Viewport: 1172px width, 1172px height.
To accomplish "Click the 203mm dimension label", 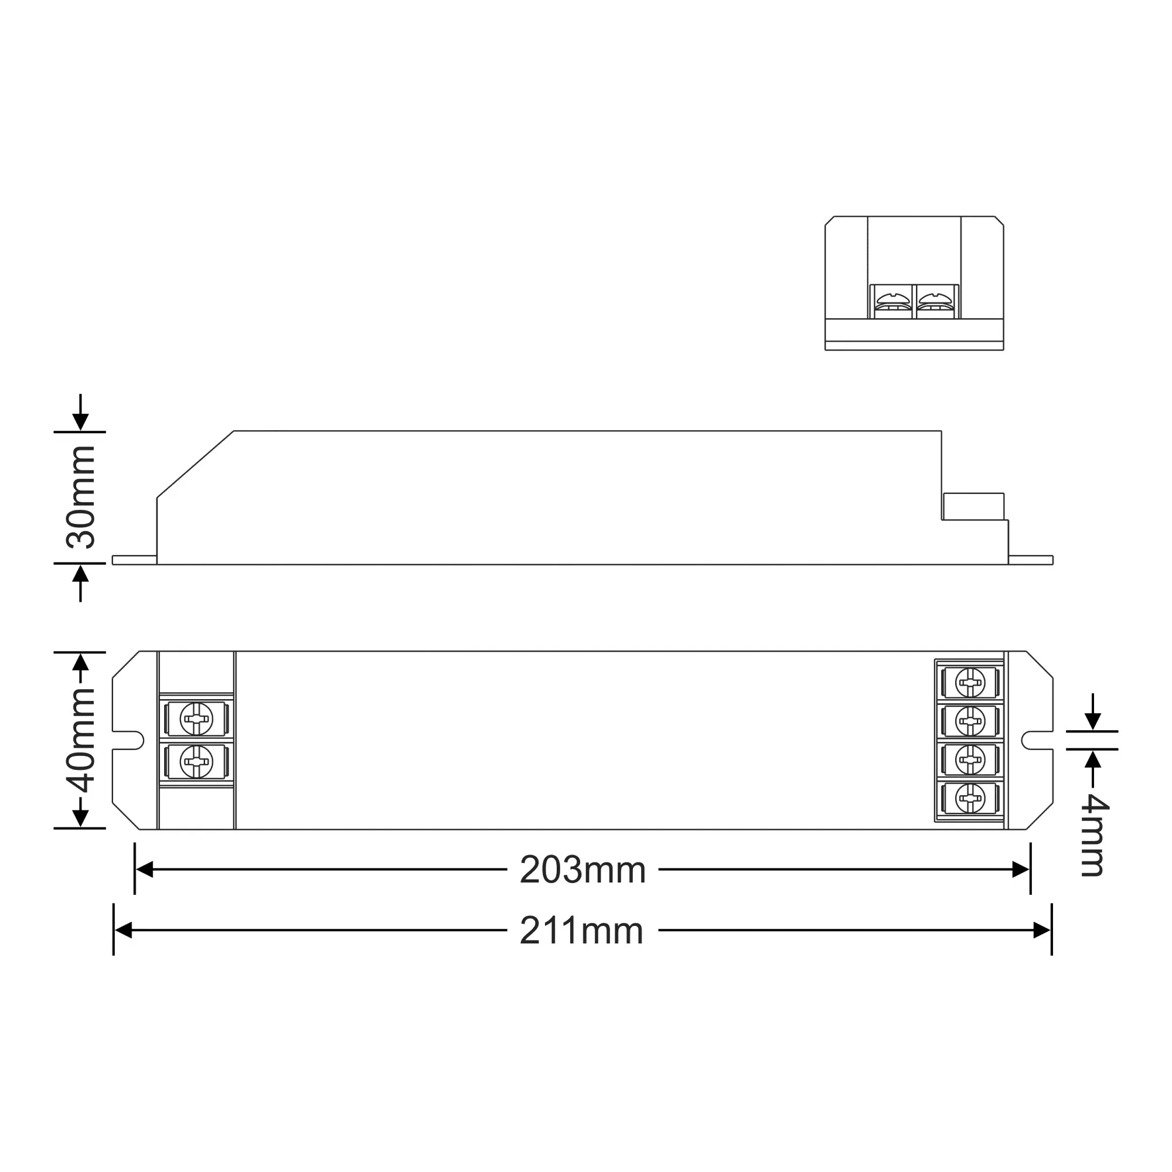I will pyautogui.click(x=582, y=870).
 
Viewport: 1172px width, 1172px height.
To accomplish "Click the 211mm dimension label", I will pyautogui.click(x=581, y=931).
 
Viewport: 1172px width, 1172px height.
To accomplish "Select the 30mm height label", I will pyautogui.click(x=81, y=498).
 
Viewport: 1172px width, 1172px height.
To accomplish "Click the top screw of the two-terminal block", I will pyautogui.click(x=196, y=719).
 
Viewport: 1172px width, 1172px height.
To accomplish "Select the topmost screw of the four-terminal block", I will pyautogui.click(x=970, y=683).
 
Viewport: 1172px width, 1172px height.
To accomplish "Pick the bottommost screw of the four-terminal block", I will pyautogui.click(x=970, y=798).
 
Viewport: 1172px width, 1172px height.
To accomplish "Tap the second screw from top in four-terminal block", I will pyautogui.click(x=970, y=721).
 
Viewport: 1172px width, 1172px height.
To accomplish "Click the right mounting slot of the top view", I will pyautogui.click(x=1035, y=741).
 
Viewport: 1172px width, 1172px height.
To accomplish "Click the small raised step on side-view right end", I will pyautogui.click(x=973, y=506).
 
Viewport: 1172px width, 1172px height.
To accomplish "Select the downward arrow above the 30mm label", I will pyautogui.click(x=81, y=420).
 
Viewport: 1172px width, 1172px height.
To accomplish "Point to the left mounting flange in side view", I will pyautogui.click(x=134, y=560).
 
